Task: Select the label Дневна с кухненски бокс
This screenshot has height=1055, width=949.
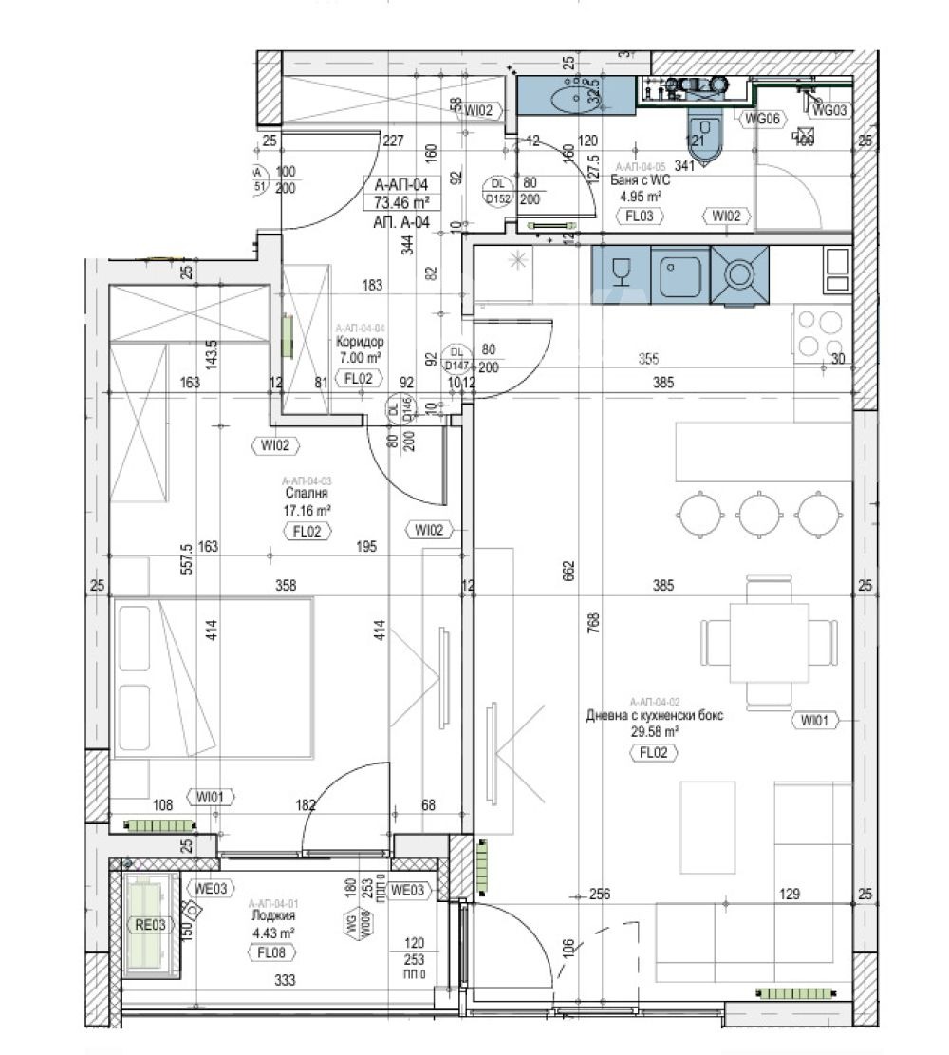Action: pos(654,715)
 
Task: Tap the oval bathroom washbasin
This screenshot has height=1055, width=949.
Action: pos(568,96)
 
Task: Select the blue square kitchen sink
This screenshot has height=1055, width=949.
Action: pos(680,274)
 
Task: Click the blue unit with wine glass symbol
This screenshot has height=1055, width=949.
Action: pos(621,274)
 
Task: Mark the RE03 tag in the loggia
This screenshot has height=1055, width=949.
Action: pos(147,922)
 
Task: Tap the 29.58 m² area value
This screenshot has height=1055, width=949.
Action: pos(654,732)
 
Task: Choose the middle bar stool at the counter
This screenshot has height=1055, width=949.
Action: pos(758,514)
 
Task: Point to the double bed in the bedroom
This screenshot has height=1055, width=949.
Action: pos(214,678)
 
